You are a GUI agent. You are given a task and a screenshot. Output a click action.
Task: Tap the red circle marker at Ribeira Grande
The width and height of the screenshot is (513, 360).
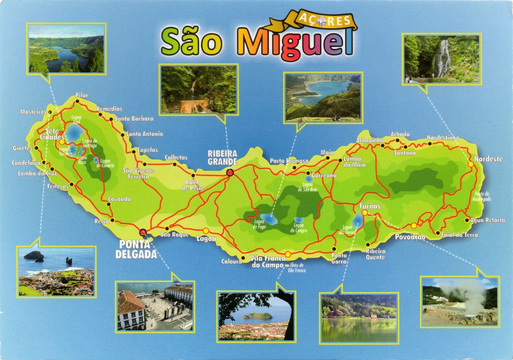click(230, 173)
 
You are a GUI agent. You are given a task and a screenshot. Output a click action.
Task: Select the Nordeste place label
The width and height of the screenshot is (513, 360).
click(488, 159)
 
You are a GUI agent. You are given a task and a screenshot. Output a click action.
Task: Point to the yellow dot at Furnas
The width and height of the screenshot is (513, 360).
click(364, 213)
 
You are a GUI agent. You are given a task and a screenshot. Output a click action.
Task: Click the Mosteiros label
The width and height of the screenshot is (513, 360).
click(33, 112)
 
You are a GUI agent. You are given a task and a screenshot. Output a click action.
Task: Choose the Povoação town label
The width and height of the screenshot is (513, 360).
click(410, 237)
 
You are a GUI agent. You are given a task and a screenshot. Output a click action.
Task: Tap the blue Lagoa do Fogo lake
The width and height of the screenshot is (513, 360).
click(270, 219)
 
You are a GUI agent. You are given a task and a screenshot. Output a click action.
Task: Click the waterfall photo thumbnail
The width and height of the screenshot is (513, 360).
click(441, 59)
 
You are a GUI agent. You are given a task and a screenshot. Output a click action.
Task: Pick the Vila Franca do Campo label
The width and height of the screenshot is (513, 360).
click(267, 261)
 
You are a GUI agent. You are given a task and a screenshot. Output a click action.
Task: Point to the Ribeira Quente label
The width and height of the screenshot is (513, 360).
click(375, 254)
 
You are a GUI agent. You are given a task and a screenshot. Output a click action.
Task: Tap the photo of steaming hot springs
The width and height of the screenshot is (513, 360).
click(459, 301)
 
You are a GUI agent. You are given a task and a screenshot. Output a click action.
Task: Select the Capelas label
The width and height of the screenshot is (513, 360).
click(148, 150)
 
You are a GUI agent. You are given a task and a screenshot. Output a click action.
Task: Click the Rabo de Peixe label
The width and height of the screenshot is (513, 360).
click(195, 185)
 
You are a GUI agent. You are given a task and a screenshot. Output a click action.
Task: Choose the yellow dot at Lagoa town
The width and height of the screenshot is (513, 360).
click(206, 230)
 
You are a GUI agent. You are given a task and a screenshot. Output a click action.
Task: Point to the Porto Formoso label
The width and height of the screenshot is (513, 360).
click(289, 161)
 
